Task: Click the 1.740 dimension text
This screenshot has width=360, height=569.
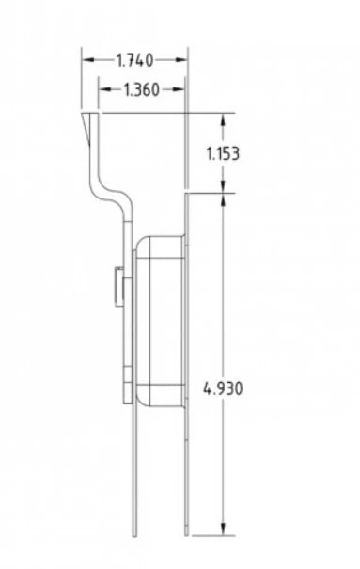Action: [x=133, y=60]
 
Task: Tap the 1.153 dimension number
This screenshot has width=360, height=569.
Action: [x=223, y=153]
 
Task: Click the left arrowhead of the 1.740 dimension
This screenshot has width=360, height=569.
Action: [x=86, y=60]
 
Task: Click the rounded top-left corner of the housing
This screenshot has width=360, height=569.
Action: [x=142, y=241]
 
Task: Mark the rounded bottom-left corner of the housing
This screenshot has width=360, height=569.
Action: [x=142, y=403]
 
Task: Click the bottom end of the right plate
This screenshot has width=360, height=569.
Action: [x=187, y=534]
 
